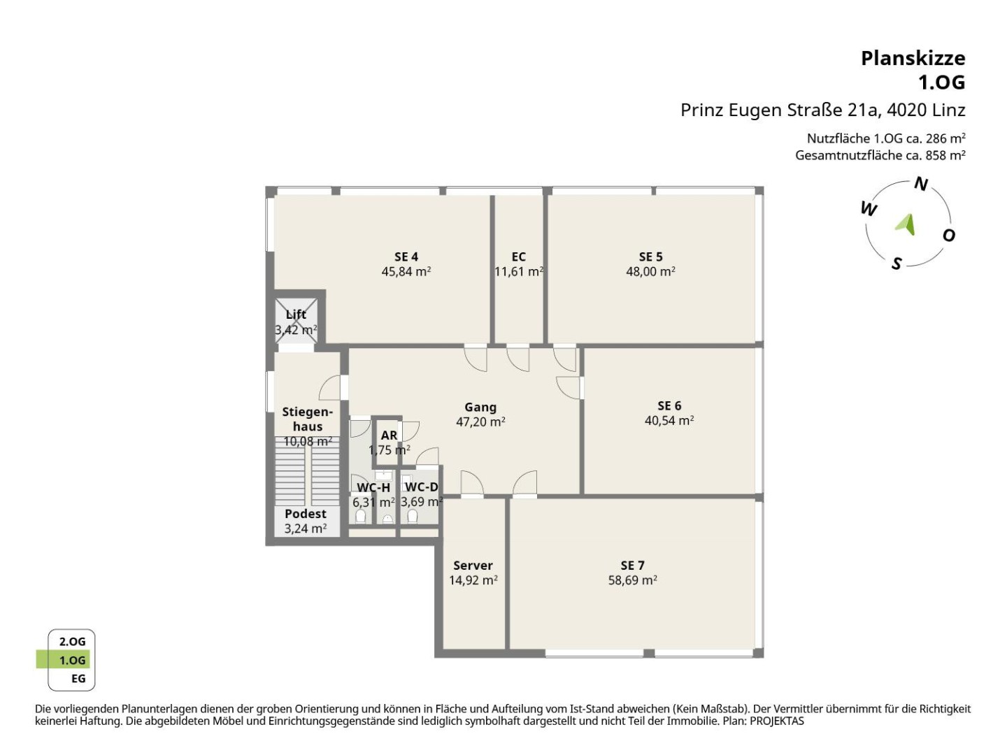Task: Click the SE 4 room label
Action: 406,257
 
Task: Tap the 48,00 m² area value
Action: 650,271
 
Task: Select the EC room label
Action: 518,257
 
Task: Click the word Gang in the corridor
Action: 480,408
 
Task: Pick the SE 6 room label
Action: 669,405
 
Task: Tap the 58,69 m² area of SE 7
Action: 632,580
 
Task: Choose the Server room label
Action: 473,566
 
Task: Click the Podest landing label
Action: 306,513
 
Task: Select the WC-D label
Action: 422,487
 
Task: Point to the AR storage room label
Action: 389,435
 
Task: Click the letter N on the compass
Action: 921,184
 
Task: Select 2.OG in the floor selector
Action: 72,642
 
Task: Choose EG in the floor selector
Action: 78,678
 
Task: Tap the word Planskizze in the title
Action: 913,59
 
